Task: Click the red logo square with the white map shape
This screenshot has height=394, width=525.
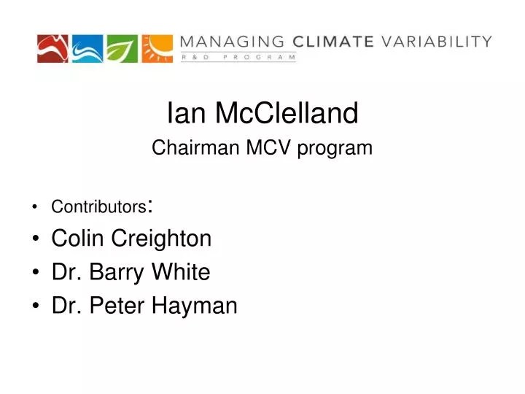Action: click(x=53, y=48)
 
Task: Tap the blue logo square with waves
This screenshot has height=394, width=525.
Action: click(x=87, y=48)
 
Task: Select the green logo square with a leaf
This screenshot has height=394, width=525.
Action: click(x=122, y=48)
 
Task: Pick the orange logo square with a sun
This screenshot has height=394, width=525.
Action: click(x=157, y=48)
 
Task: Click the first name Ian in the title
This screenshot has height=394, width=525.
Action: click(x=180, y=113)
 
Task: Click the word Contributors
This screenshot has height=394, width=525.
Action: click(x=98, y=207)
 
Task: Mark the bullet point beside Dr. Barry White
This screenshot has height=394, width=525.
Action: click(x=36, y=273)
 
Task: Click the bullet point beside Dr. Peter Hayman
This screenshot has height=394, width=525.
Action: click(x=36, y=306)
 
